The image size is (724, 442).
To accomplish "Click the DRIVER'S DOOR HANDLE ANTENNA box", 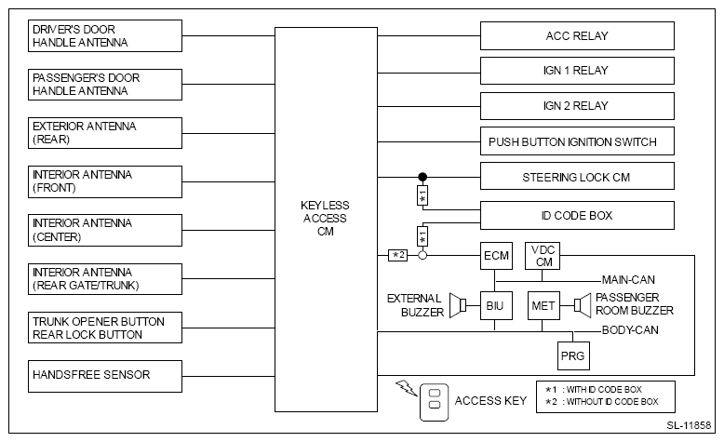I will (x=105, y=36).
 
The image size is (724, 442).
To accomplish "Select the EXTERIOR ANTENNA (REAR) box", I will (x=105, y=132).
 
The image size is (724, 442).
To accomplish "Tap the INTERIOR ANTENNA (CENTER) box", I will (x=105, y=229).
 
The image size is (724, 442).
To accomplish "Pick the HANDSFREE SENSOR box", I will (x=105, y=375).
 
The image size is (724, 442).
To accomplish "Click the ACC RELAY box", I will (x=576, y=36).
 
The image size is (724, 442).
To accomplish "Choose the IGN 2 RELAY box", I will (x=576, y=106).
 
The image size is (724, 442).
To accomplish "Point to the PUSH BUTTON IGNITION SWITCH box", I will (x=576, y=142).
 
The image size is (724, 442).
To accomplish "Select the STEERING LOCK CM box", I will (x=576, y=177).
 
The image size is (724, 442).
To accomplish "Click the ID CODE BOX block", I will (x=576, y=216).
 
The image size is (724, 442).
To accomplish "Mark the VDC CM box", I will (x=542, y=255).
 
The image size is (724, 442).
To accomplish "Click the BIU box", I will (x=495, y=304).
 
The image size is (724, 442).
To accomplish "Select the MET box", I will (x=542, y=304).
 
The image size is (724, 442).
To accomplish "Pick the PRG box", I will (x=572, y=355).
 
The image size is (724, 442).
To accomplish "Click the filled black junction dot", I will (x=422, y=177).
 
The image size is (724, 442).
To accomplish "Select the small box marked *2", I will (x=397, y=255).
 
